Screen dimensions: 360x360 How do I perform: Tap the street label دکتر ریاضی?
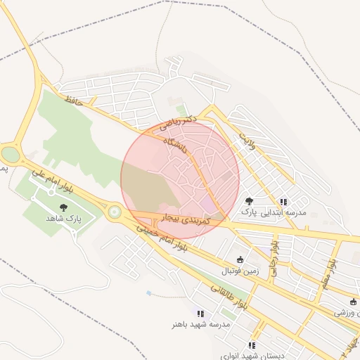click(x=174, y=125)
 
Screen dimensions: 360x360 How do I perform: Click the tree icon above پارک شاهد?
click(x=64, y=207)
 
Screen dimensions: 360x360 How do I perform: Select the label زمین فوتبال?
click(x=241, y=270)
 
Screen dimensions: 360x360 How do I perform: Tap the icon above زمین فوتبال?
click(x=241, y=259)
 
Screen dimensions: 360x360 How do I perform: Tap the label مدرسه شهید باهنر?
click(x=200, y=325)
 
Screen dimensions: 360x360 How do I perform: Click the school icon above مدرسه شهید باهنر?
click(x=200, y=314)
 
